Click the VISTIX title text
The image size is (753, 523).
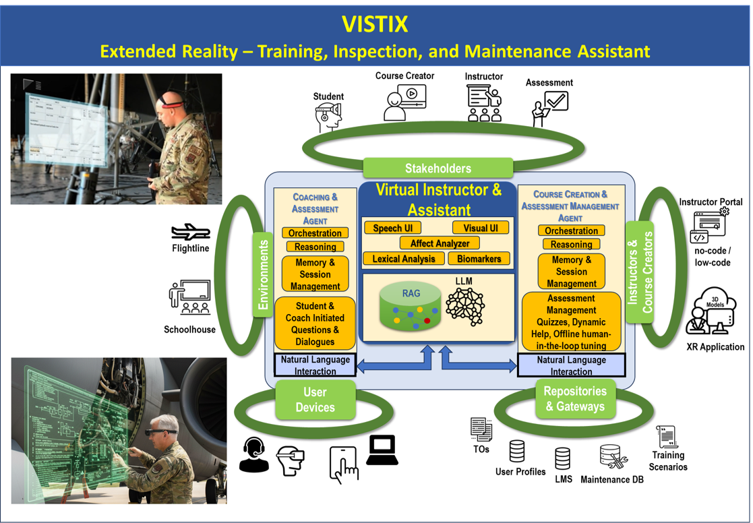pos(375,24)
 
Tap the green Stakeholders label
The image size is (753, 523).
pos(438,168)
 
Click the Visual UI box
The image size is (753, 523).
pos(480,228)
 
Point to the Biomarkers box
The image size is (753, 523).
pos(479,258)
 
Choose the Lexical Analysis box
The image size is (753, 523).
pos(404,258)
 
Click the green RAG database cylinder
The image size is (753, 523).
pos(408,307)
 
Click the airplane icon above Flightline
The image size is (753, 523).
pos(191,233)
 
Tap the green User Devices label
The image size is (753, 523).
pos(315,399)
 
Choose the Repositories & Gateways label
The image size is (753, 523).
pos(575,398)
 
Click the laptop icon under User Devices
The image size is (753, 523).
pos(382,450)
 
